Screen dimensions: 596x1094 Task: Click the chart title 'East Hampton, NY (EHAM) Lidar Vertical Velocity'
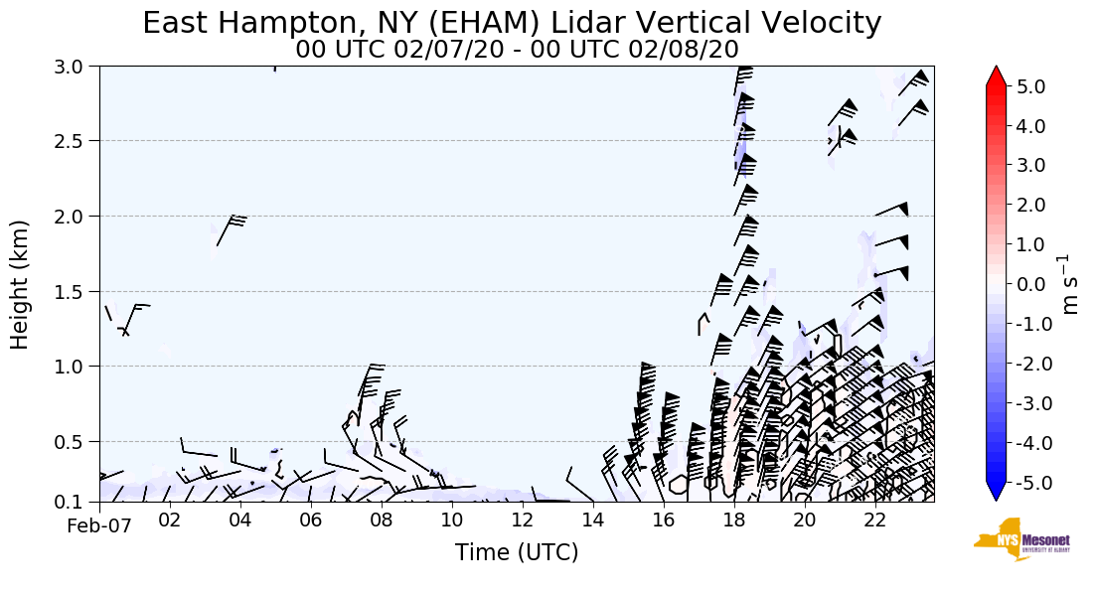pyautogui.click(x=512, y=23)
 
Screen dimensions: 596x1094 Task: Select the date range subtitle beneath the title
pyautogui.click(x=517, y=49)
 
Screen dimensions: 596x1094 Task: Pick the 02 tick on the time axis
pyautogui.click(x=169, y=520)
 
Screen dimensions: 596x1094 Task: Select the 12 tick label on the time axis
pyautogui.click(x=523, y=520)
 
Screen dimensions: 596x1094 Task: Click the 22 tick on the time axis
pyautogui.click(x=875, y=520)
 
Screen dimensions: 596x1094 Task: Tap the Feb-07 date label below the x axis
pyautogui.click(x=99, y=526)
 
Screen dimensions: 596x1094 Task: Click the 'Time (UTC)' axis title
pyautogui.click(x=517, y=552)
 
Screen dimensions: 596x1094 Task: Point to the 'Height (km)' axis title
pyautogui.click(x=21, y=284)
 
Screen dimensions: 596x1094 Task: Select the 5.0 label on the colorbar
pyautogui.click(x=1030, y=86)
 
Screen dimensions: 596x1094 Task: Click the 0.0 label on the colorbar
pyautogui.click(x=1030, y=284)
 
